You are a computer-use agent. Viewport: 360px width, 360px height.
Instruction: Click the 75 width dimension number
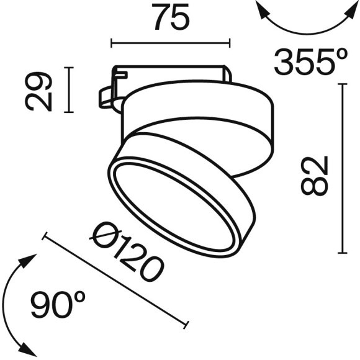tap(169, 19)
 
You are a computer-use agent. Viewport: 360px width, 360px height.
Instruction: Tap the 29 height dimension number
tap(39, 91)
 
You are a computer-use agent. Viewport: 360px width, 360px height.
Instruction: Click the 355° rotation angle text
tap(310, 62)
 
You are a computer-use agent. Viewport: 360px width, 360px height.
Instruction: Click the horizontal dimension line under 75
tap(170, 43)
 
